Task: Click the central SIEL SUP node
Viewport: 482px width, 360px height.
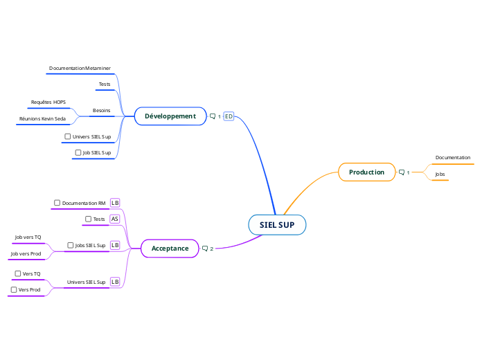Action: point(277,225)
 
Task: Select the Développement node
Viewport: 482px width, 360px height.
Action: point(170,116)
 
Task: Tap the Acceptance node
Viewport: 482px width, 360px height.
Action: point(170,248)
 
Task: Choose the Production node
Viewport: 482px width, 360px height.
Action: point(366,172)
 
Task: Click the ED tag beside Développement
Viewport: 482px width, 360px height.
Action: point(229,116)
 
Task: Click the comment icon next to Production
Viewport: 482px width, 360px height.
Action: point(402,172)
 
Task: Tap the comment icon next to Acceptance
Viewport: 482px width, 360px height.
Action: point(205,248)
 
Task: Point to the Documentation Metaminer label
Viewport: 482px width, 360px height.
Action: point(80,69)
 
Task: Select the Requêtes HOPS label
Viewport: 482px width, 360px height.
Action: point(48,102)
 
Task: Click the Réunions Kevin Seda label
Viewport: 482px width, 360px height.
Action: point(42,118)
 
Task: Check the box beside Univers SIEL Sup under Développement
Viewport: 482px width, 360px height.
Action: point(68,136)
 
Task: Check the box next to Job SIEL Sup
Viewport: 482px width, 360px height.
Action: point(78,152)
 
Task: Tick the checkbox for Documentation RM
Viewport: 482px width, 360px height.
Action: point(57,203)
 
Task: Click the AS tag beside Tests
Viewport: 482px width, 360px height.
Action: point(115,219)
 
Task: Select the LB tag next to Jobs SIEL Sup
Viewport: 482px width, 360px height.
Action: point(115,245)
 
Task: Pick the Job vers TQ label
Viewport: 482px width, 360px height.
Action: point(28,237)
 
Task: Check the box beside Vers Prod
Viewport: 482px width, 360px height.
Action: point(14,289)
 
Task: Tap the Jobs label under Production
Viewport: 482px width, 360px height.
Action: point(440,174)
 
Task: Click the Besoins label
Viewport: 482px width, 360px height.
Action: point(101,111)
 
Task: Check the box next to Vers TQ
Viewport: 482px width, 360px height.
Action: point(18,273)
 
